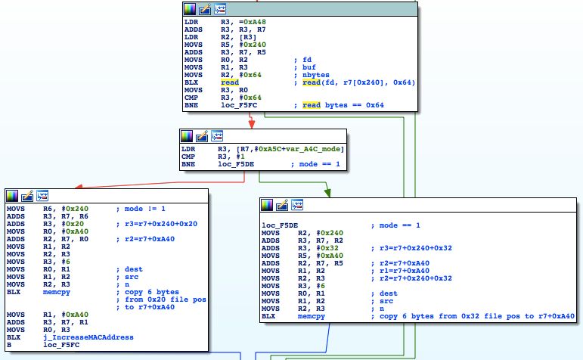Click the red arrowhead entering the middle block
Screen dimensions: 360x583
coord(240,124)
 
